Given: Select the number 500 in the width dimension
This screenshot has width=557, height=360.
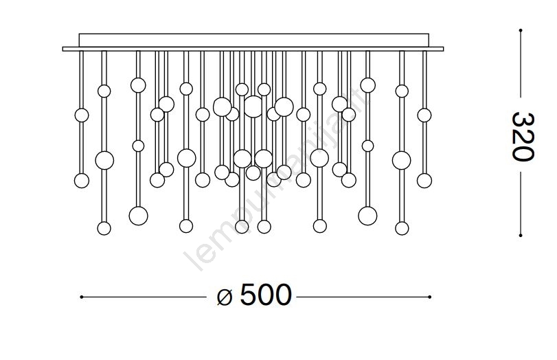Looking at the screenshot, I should (x=266, y=296).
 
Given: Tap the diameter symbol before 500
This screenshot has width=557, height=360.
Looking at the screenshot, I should (x=225, y=297).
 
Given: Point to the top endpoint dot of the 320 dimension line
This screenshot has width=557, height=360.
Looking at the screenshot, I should (x=521, y=30).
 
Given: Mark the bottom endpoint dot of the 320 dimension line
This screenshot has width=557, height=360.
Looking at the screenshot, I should (x=521, y=236).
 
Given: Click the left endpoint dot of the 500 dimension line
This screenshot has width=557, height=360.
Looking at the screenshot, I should (x=82, y=297).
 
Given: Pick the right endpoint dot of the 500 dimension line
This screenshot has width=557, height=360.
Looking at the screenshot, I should (x=431, y=297).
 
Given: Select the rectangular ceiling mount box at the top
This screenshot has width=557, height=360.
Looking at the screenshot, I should (x=254, y=40).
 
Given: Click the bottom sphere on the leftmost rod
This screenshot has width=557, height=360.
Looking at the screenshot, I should (x=82, y=181).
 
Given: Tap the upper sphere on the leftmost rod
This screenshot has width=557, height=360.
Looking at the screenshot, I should (x=82, y=115).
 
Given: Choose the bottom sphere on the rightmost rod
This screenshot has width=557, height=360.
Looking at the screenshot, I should (x=424, y=180).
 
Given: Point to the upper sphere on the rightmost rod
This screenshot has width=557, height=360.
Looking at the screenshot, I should (x=424, y=115).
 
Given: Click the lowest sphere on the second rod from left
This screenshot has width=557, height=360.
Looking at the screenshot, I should (x=104, y=228).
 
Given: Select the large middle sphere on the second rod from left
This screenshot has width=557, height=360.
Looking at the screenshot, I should (x=104, y=161).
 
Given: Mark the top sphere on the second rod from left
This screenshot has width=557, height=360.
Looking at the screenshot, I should (x=104, y=91).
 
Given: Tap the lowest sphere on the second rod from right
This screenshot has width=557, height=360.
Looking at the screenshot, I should (x=402, y=228).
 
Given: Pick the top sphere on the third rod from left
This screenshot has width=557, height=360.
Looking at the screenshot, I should (x=138, y=85).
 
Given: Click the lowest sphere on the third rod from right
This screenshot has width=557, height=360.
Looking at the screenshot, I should (x=367, y=216).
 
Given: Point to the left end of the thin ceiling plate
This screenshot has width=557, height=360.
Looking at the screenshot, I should (x=65, y=49).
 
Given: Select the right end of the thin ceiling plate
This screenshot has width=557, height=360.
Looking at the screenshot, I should (x=442, y=49).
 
